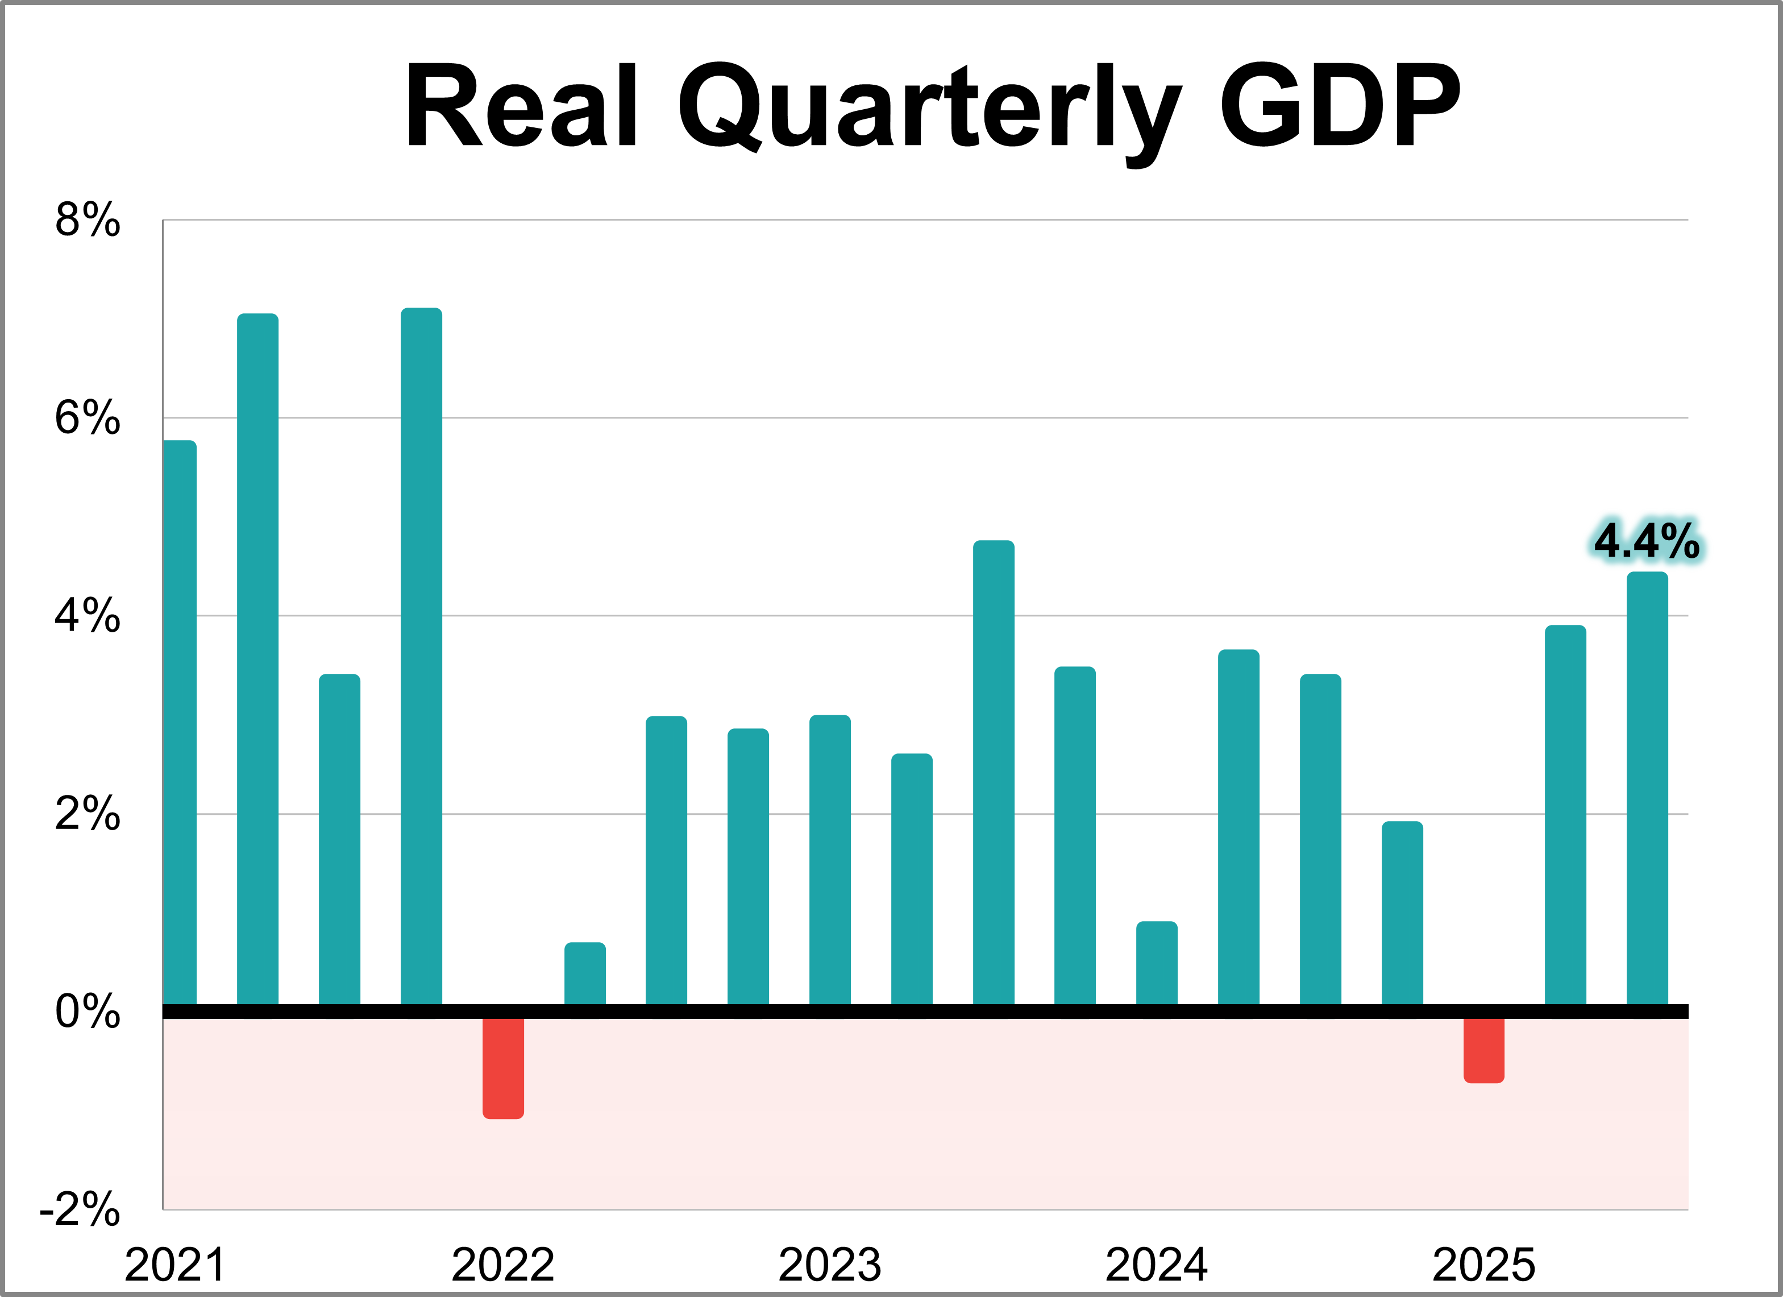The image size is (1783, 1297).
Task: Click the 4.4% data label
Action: pyautogui.click(x=1646, y=541)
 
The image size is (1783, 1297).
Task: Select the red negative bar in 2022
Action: pyautogui.click(x=503, y=1067)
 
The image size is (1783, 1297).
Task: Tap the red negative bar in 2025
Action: pyautogui.click(x=1483, y=1050)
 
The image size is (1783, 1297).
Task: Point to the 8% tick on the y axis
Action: pyautogui.click(x=88, y=219)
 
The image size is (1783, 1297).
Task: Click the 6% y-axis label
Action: pyautogui.click(x=88, y=418)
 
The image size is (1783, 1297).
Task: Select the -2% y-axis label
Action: pyautogui.click(x=80, y=1209)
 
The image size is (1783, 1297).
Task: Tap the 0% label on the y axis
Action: pyautogui.click(x=88, y=1012)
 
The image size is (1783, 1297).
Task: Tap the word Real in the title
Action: pyautogui.click(x=521, y=106)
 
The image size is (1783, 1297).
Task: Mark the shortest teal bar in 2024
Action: pyautogui.click(x=1157, y=963)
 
